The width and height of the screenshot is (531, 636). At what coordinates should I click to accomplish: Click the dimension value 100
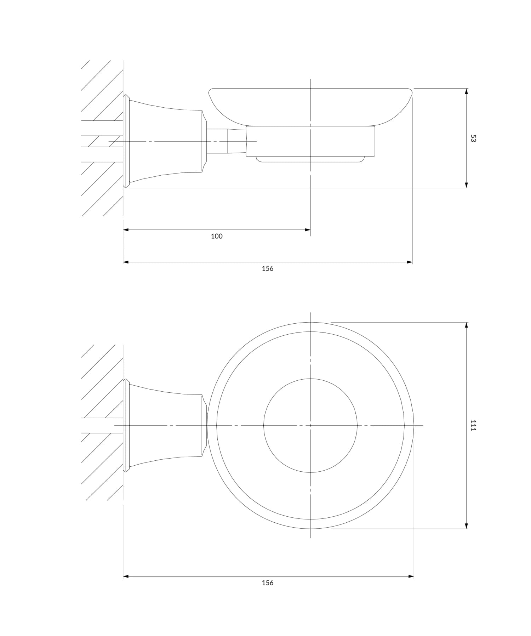click(x=217, y=236)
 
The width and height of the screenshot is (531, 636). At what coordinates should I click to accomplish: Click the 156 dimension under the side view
click(x=268, y=268)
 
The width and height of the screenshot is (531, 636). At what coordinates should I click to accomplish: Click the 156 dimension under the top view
click(x=268, y=583)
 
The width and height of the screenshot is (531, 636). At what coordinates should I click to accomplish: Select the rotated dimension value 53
click(x=473, y=138)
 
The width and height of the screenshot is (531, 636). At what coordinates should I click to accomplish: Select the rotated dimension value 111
click(x=473, y=425)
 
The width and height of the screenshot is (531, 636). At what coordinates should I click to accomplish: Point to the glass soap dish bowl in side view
click(x=310, y=106)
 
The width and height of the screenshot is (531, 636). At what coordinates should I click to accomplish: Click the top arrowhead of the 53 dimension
click(x=466, y=91)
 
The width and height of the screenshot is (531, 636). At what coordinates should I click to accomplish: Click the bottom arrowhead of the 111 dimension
click(x=466, y=526)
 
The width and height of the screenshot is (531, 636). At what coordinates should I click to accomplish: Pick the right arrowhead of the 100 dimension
click(x=308, y=230)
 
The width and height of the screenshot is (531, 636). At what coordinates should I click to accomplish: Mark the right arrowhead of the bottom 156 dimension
click(x=411, y=577)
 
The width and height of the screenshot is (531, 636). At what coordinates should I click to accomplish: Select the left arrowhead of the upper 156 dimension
click(x=126, y=262)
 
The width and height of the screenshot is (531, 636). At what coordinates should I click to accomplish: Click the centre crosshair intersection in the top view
click(x=310, y=425)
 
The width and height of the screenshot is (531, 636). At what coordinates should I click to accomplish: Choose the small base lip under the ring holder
click(x=310, y=160)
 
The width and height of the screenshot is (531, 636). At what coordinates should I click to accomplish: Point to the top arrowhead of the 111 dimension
click(x=466, y=325)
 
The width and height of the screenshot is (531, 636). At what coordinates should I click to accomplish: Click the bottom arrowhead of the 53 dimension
click(x=466, y=185)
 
